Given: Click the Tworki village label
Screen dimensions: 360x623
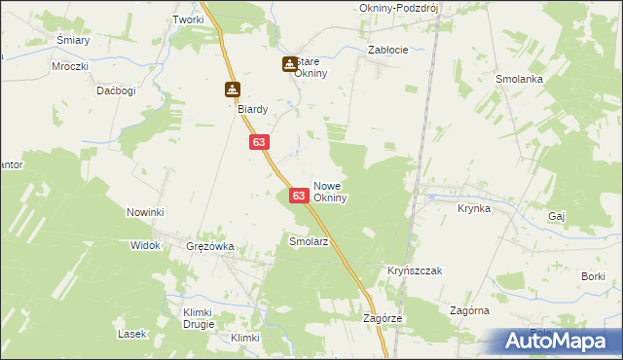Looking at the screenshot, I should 188,19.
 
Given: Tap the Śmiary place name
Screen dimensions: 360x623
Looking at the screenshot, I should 73,40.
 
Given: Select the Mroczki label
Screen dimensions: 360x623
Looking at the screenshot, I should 71,66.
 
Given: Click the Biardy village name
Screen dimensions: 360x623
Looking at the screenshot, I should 253,109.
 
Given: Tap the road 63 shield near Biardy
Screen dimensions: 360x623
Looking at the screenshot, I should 258,142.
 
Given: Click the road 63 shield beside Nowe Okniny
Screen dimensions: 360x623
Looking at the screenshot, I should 300,197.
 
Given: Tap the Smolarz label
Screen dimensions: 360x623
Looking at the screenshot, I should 309,239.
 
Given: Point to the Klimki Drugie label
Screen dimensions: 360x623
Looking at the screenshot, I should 198,318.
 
